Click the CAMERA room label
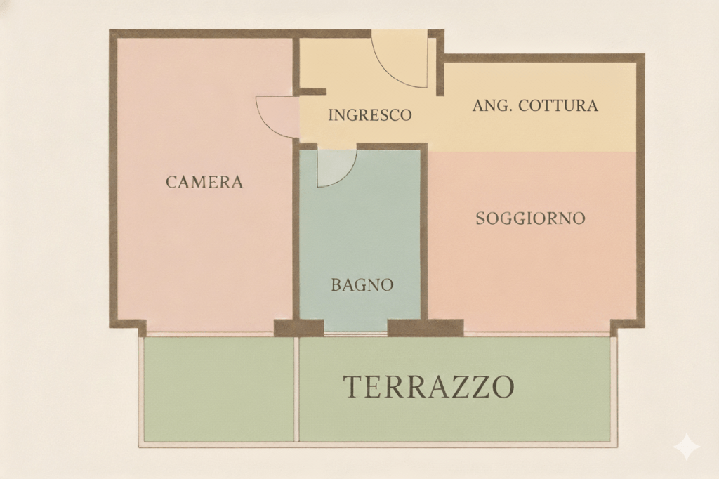204,182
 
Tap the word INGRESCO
370,114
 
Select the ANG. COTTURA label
535,105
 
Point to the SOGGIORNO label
531,218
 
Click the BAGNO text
362,285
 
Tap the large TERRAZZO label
429,386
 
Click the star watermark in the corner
687,445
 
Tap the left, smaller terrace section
219,389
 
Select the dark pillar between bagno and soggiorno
426,327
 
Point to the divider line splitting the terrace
297,389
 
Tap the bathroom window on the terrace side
356,334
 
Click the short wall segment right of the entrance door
440,63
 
